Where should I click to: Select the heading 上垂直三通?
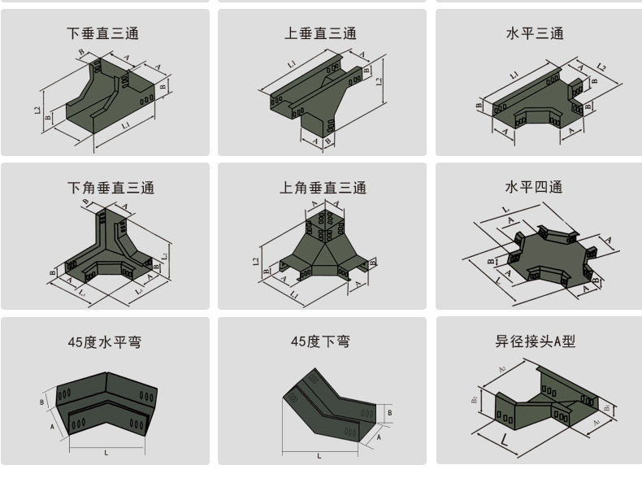321,34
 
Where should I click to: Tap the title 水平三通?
535,34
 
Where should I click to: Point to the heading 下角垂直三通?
111,188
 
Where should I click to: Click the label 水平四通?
534,187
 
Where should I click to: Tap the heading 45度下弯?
321,342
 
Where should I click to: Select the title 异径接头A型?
536,342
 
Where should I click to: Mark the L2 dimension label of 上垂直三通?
379,81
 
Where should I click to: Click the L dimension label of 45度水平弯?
106,452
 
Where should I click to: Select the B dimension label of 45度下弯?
390,414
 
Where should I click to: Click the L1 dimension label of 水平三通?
514,76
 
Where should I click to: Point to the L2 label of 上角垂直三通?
256,262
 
